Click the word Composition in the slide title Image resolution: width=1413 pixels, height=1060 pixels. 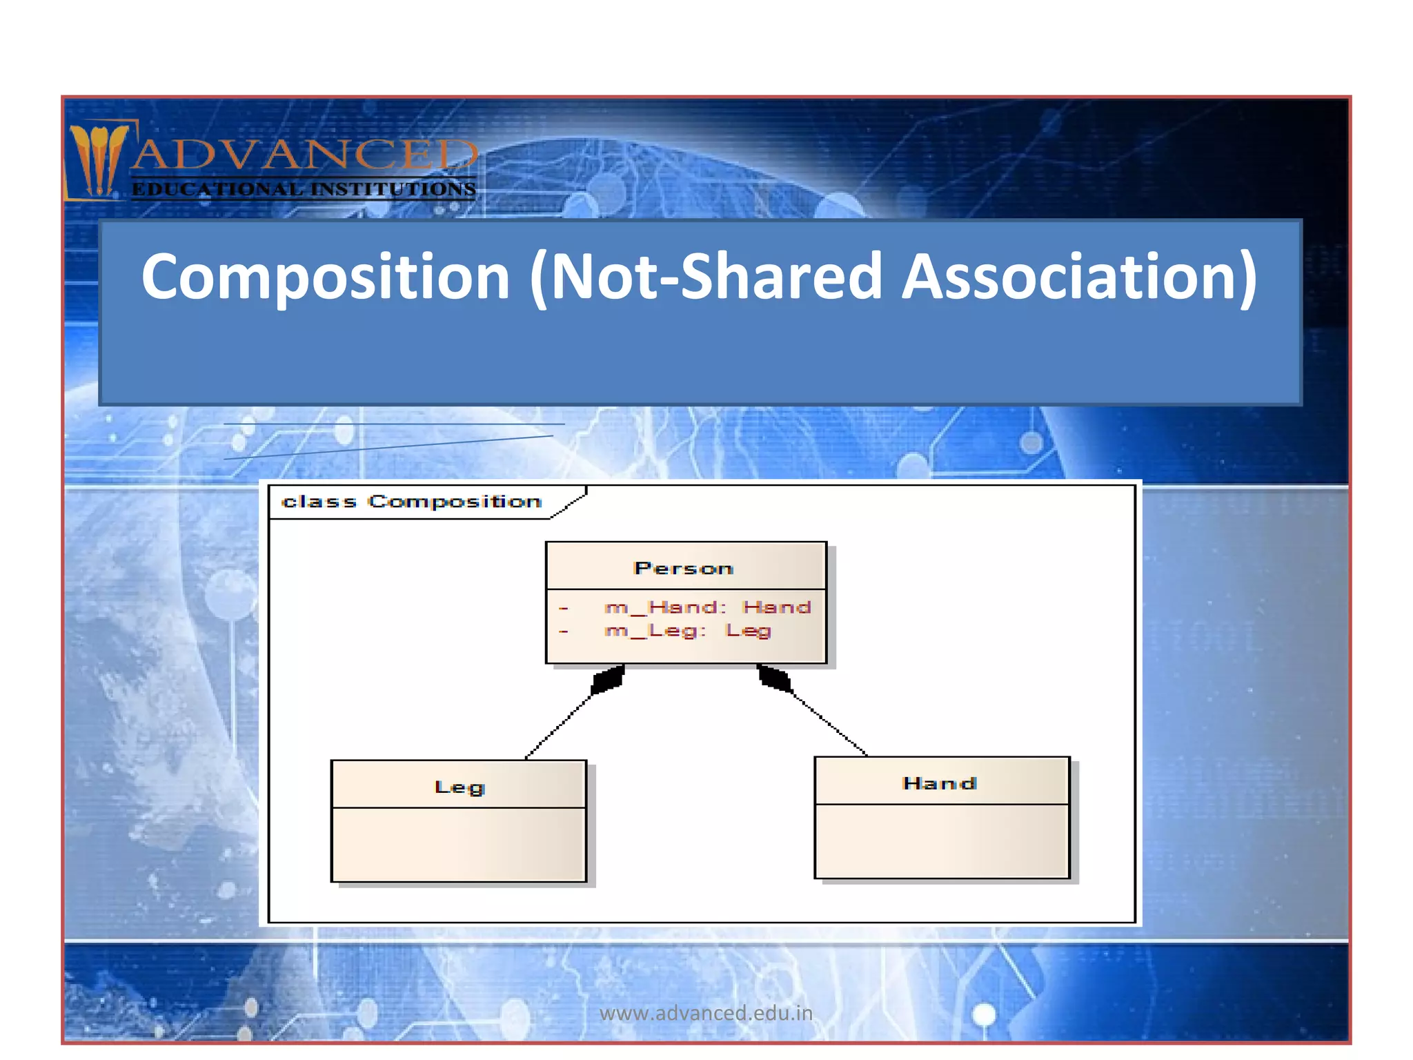click(326, 277)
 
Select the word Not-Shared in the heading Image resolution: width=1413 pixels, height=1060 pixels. click(715, 277)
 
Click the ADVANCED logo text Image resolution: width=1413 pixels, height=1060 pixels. click(304, 155)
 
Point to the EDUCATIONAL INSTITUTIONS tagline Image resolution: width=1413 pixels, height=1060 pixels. click(304, 189)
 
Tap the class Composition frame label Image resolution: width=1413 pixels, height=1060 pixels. click(412, 502)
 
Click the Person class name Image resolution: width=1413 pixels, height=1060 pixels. click(683, 569)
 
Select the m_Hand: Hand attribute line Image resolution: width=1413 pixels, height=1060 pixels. click(706, 607)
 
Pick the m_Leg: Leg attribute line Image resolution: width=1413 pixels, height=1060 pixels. click(687, 631)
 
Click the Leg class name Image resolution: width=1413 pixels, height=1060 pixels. click(460, 787)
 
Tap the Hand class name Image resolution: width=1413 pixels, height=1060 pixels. click(939, 783)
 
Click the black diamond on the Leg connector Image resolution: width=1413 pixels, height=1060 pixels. click(608, 680)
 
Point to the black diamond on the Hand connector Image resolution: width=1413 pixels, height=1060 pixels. click(775, 678)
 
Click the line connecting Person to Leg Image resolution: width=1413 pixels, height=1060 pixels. click(559, 726)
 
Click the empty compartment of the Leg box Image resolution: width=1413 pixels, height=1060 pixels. click(459, 845)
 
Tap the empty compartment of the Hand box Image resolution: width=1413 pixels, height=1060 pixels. click(942, 841)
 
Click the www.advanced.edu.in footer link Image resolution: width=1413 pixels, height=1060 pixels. click(706, 1013)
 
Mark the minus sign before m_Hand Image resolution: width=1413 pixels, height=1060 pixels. click(564, 608)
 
